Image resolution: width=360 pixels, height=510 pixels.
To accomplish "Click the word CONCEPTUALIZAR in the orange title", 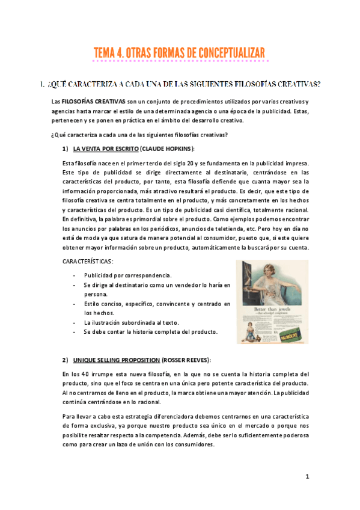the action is click(223, 54).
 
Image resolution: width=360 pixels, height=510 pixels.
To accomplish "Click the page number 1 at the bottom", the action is click(307, 476).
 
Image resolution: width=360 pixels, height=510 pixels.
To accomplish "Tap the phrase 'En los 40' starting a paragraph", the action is click(76, 374).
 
